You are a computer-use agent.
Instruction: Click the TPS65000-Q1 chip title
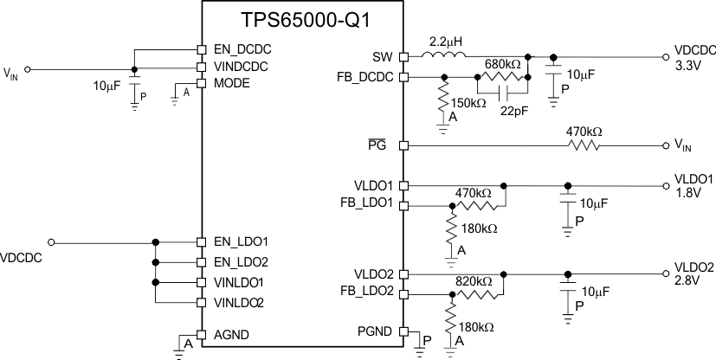pyautogui.click(x=303, y=19)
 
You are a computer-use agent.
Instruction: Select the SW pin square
pyautogui.click(x=403, y=57)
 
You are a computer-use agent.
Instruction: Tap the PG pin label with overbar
pyautogui.click(x=386, y=145)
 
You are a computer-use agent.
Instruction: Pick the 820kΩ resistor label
pyautogui.click(x=473, y=282)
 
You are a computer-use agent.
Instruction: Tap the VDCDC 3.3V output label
pyautogui.click(x=693, y=57)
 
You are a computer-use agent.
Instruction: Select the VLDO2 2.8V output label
pyautogui.click(x=693, y=273)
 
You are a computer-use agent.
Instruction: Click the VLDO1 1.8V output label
pyautogui.click(x=693, y=185)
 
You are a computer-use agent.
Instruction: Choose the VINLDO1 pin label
pyautogui.click(x=239, y=282)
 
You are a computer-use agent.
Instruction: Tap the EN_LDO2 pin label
pyautogui.click(x=241, y=261)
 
